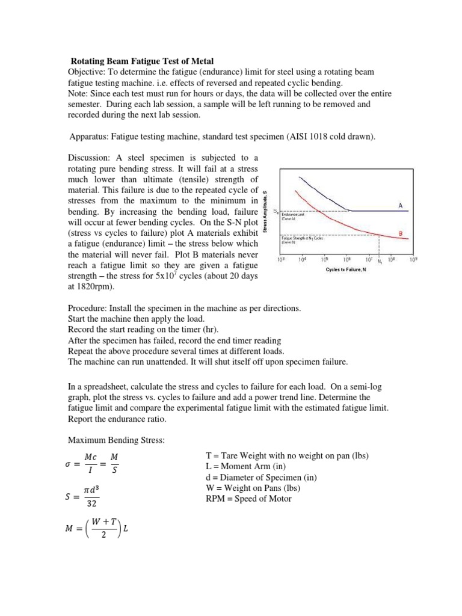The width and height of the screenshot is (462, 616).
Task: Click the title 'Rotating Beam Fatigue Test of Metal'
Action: click(x=142, y=60)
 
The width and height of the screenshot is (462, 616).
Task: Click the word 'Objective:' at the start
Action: click(x=88, y=72)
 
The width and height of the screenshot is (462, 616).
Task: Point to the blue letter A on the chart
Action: click(x=400, y=205)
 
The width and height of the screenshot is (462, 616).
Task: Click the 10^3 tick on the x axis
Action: click(x=280, y=260)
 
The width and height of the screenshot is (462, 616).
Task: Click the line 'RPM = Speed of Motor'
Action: click(x=249, y=499)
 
